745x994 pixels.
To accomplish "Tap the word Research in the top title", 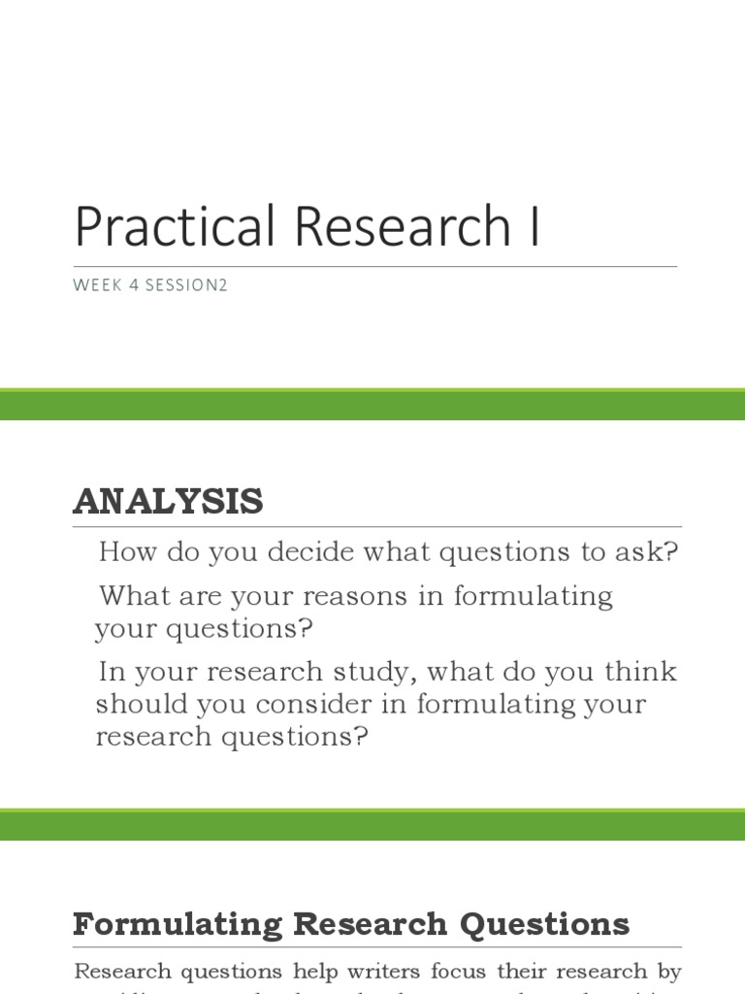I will pos(403,227).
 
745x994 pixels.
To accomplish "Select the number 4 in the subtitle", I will pos(135,286).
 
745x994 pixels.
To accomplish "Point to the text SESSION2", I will pos(187,286).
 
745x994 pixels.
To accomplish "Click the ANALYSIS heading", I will pos(168,502).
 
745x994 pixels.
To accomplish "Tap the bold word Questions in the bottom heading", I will pos(546,924).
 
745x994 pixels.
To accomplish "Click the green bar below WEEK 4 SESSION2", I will pos(372,405).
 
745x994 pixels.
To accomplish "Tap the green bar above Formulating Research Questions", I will pos(372,824).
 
